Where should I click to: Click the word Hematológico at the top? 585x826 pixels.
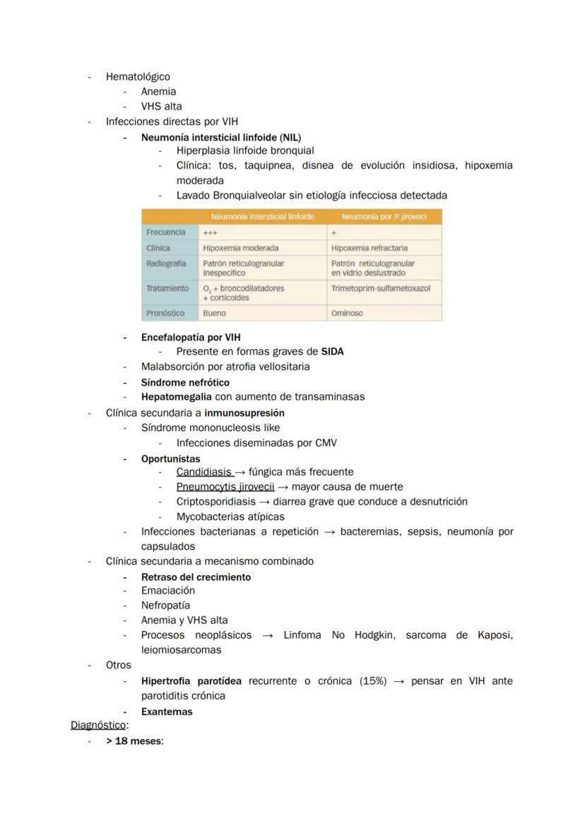click(138, 76)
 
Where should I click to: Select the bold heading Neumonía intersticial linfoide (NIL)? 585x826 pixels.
click(220, 137)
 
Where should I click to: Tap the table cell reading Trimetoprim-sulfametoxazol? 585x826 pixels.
click(380, 288)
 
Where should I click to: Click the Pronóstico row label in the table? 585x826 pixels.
click(165, 313)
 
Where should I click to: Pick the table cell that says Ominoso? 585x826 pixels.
click(347, 313)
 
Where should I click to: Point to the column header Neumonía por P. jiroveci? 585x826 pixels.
click(384, 217)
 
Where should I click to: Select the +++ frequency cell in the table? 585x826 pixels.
click(210, 232)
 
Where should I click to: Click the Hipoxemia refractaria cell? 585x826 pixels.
click(369, 248)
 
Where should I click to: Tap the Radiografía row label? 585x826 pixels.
click(166, 263)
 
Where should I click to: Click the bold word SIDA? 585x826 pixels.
click(332, 351)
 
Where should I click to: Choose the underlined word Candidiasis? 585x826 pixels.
click(204, 471)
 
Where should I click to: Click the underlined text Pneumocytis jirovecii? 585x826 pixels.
click(225, 486)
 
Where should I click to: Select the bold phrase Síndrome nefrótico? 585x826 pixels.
click(185, 382)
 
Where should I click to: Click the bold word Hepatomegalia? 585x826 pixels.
click(176, 396)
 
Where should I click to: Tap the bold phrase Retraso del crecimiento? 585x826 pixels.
click(196, 577)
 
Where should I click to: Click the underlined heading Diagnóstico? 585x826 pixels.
click(97, 725)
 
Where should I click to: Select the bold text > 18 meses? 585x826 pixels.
click(134, 741)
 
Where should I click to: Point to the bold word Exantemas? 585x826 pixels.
click(167, 712)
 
